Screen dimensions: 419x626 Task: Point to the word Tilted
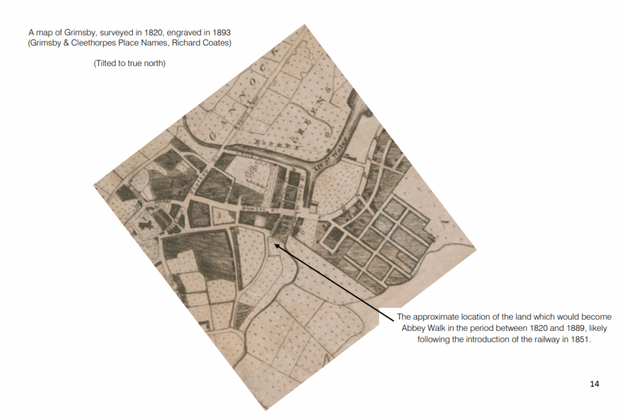tap(108, 63)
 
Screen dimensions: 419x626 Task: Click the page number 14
tap(595, 384)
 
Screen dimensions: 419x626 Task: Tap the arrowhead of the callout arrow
tap(276, 245)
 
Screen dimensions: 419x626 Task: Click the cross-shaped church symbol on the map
tap(144, 224)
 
